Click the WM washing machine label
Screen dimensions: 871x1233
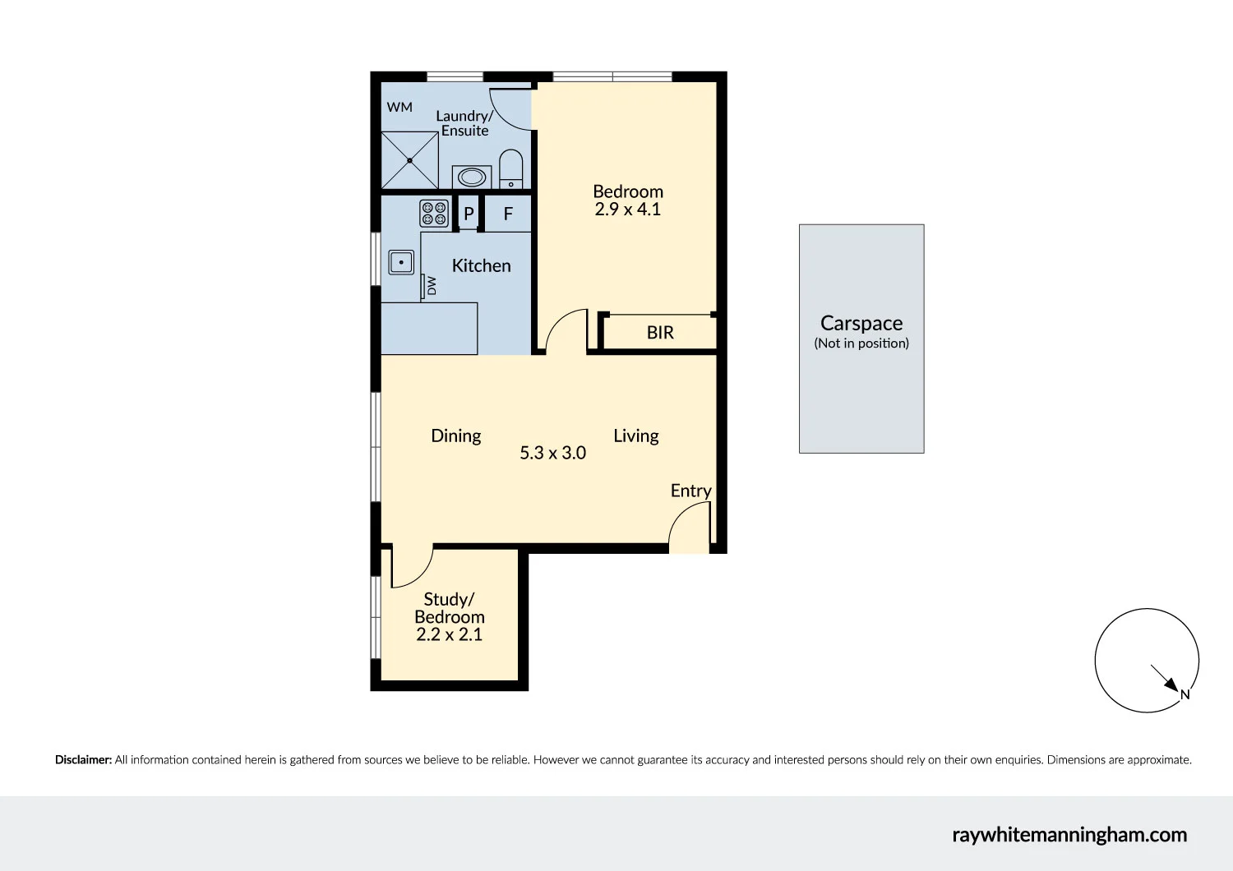[399, 107]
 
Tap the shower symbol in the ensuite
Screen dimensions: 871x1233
[409, 160]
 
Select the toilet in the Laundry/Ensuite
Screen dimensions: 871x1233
[510, 168]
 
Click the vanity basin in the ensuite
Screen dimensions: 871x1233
[472, 177]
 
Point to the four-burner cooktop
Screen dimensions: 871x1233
[434, 214]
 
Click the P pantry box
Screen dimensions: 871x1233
[469, 214]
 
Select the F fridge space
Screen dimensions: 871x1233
[508, 214]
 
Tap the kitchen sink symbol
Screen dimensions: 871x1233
[401, 262]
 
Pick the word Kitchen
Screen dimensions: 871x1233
[481, 265]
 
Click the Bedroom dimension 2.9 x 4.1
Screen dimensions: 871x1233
[628, 210]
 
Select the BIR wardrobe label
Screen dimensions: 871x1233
[660, 333]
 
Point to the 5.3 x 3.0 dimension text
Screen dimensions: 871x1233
[552, 453]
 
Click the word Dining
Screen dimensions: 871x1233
[456, 435]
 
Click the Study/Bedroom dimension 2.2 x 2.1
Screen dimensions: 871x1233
[449, 634]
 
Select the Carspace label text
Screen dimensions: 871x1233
[861, 323]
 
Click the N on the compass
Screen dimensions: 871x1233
[1185, 694]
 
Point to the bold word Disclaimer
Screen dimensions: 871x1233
[83, 760]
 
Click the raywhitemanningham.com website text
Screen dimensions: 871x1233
[1069, 835]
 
